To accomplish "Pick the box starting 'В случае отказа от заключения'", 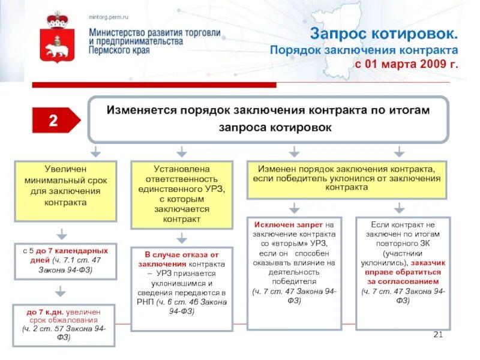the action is tap(182, 287).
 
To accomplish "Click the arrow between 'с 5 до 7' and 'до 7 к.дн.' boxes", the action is tap(60, 292).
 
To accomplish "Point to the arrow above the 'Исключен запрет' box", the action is tap(294, 207).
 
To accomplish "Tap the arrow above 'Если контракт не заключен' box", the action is tap(398, 207).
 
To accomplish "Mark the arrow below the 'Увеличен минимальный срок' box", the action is tap(60, 233).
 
